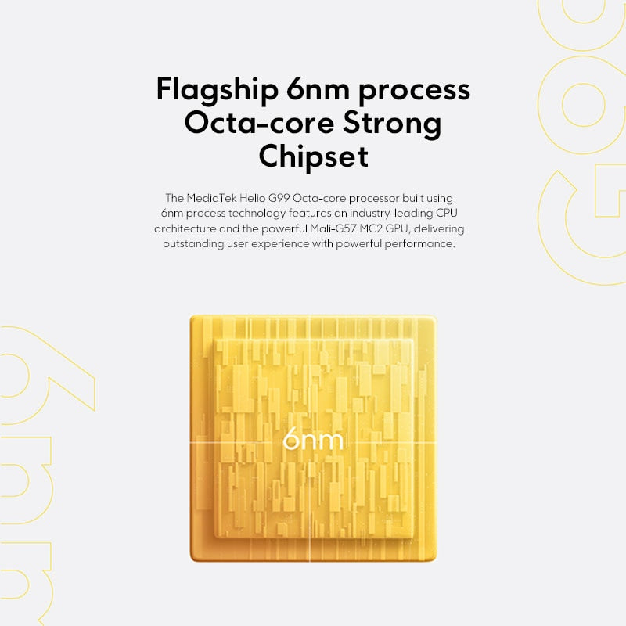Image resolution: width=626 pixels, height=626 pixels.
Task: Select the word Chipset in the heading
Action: (313, 156)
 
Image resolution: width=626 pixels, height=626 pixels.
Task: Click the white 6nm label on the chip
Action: (313, 440)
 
